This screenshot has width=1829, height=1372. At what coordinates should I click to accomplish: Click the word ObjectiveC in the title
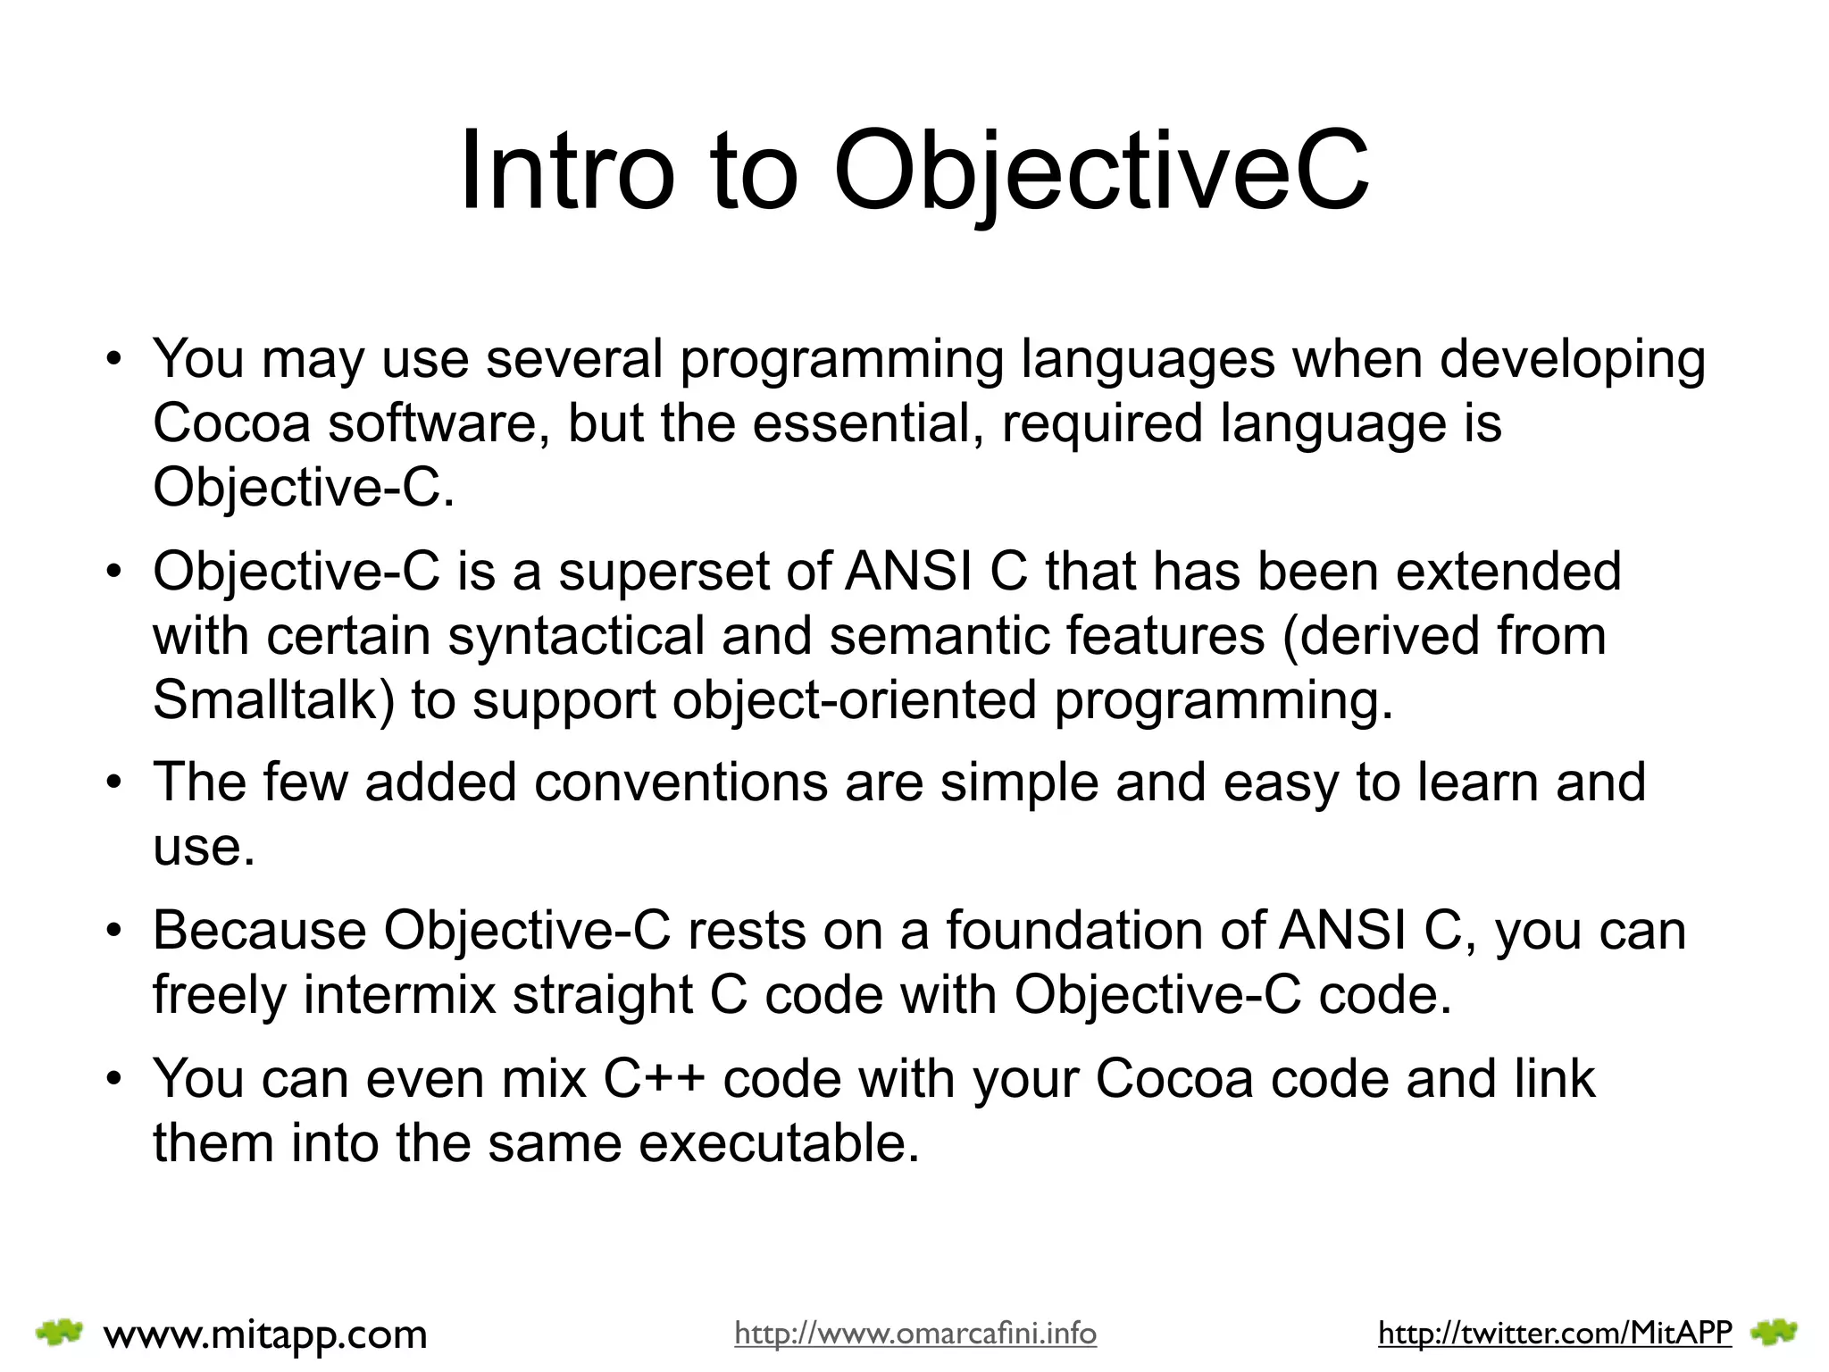(x=1100, y=170)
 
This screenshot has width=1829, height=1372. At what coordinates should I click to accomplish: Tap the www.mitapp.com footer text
(x=265, y=1334)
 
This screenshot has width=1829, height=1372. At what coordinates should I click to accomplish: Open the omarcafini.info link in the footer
(x=915, y=1334)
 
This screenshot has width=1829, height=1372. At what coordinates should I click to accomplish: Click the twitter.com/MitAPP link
(x=1555, y=1333)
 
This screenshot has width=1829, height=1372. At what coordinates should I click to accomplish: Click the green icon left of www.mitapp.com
(x=59, y=1333)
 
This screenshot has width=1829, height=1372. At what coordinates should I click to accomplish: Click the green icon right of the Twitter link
(x=1774, y=1333)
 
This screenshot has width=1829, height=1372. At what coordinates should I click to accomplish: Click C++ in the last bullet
(x=654, y=1079)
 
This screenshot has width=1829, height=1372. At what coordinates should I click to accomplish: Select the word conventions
(x=681, y=782)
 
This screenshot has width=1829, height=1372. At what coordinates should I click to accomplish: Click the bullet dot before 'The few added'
(x=113, y=782)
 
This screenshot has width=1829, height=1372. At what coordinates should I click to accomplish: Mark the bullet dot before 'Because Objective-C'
(x=113, y=931)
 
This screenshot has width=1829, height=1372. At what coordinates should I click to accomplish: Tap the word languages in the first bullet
(x=1148, y=359)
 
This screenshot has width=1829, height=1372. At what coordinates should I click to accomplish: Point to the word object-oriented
(x=855, y=699)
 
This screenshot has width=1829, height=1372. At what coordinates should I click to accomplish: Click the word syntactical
(x=576, y=635)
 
